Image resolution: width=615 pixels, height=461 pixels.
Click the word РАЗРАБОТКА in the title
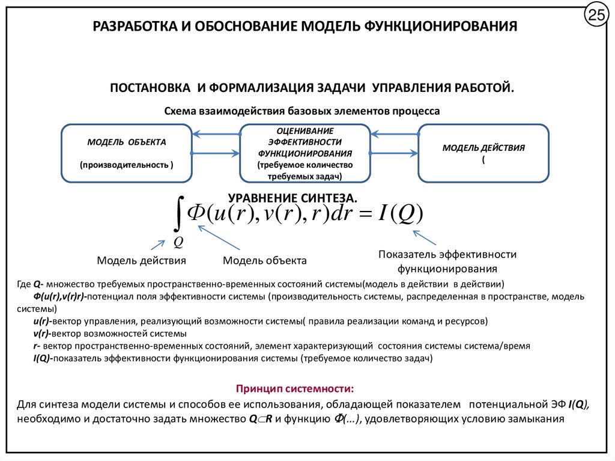click(x=128, y=27)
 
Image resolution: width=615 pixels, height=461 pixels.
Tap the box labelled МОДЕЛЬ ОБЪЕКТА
click(x=127, y=153)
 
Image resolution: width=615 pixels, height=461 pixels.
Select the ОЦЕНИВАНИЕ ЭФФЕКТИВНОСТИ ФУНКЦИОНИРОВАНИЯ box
click(x=304, y=153)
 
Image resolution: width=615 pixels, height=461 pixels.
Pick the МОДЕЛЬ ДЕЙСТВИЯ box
click(x=483, y=153)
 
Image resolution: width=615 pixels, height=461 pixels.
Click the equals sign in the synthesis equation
click(x=363, y=213)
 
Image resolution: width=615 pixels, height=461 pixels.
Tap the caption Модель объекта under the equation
click(x=265, y=260)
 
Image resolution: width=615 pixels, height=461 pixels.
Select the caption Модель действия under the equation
click(x=141, y=260)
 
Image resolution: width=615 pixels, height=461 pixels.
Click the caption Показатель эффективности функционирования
click(x=447, y=261)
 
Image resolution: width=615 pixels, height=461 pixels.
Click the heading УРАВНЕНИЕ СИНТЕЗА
click(x=292, y=198)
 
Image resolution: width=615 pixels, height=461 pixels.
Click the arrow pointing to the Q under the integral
click(x=157, y=244)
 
